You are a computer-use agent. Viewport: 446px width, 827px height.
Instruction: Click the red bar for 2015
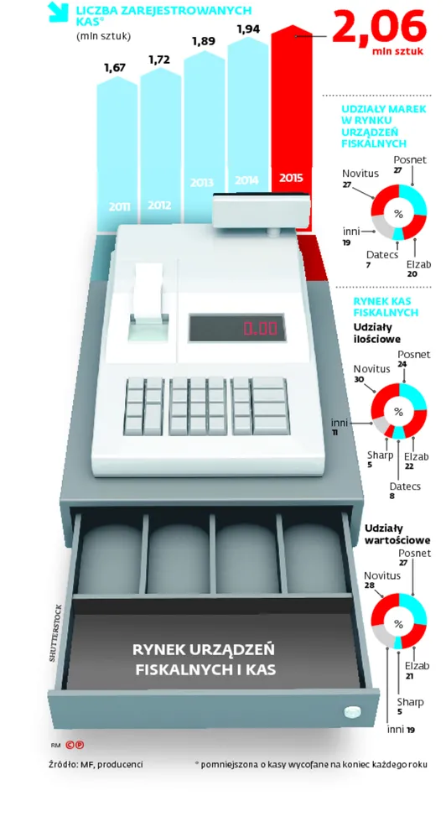[291, 127]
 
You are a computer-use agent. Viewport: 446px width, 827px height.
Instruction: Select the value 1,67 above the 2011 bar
[115, 67]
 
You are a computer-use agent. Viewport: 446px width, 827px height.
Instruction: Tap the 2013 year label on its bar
[202, 183]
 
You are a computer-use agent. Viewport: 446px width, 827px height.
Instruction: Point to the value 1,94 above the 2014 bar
[248, 29]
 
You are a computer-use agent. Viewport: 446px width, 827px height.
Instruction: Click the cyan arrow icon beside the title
[58, 12]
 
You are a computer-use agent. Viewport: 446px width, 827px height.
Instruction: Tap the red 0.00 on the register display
[260, 328]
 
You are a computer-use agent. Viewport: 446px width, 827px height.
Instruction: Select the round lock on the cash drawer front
[353, 711]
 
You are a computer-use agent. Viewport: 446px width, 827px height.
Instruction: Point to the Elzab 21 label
[417, 669]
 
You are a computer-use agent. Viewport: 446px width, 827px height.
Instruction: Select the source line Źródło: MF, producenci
[96, 764]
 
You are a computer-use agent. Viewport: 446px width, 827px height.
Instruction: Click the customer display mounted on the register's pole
[261, 210]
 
